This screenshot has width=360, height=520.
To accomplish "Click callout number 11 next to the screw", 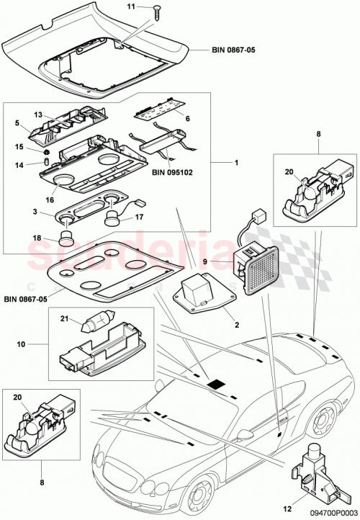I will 131,6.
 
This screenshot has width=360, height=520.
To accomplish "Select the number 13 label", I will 39,114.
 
